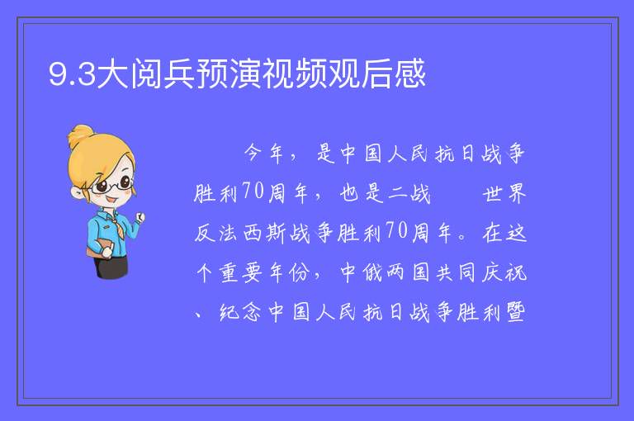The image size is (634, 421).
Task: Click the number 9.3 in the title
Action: pos(72,74)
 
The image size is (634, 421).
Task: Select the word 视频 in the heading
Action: pos(295,73)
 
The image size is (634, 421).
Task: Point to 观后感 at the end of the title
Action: pos(376,73)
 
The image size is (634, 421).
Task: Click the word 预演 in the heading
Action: pos(229,73)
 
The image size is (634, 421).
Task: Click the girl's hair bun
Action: pos(80,135)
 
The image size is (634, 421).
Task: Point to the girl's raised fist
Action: pos(140,217)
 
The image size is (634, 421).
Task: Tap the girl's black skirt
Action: pos(111,267)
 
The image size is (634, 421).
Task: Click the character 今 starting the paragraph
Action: pos(253,154)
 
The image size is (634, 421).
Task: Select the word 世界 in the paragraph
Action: pos(504,193)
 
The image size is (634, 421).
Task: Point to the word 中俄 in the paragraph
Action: pos(361,272)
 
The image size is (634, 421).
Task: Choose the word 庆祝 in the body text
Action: pos(504,272)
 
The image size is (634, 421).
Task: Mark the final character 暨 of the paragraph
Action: pos(516,312)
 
